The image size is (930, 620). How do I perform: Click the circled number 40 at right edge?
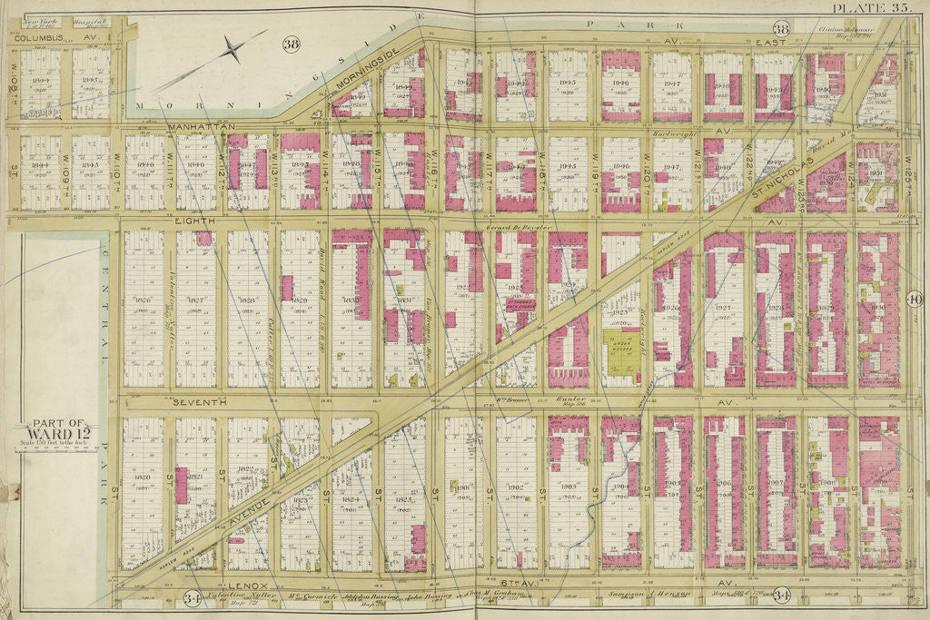pyautogui.click(x=914, y=300)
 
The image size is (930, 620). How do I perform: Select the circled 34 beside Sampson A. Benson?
pyautogui.click(x=781, y=595)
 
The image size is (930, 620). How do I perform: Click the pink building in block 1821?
pyautogui.click(x=181, y=486)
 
